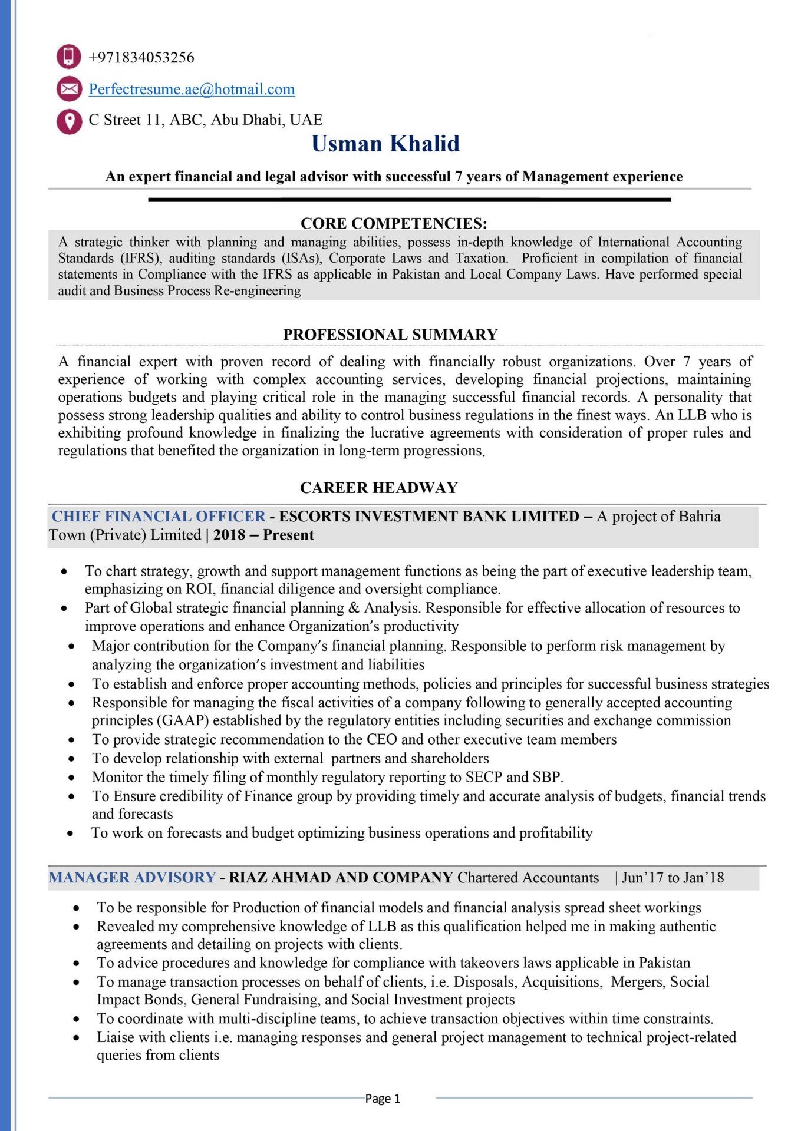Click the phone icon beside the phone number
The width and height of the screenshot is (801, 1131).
(x=69, y=57)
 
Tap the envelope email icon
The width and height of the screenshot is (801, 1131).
(x=69, y=89)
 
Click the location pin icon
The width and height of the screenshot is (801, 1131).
(x=69, y=121)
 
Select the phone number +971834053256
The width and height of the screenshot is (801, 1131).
(x=141, y=58)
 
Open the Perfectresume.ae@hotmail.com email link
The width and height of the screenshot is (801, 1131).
(x=192, y=90)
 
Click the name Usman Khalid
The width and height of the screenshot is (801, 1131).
(x=385, y=144)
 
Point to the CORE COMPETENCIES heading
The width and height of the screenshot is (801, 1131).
(x=394, y=223)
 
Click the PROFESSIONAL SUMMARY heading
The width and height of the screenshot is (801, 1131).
(x=390, y=335)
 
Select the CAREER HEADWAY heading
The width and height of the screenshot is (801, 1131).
(x=379, y=488)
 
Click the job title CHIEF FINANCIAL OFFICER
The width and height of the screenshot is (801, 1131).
(x=159, y=517)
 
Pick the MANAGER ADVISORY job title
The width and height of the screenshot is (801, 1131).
(x=132, y=878)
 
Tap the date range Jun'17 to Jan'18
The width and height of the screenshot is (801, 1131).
(x=673, y=878)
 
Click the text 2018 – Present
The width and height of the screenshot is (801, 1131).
(x=263, y=535)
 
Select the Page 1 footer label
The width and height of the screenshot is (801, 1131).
(x=383, y=1099)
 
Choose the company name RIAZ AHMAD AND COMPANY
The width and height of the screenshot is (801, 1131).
(x=341, y=878)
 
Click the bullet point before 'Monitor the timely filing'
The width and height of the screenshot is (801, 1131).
(x=71, y=778)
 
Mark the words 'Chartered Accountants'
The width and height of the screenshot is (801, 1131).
(x=528, y=878)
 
